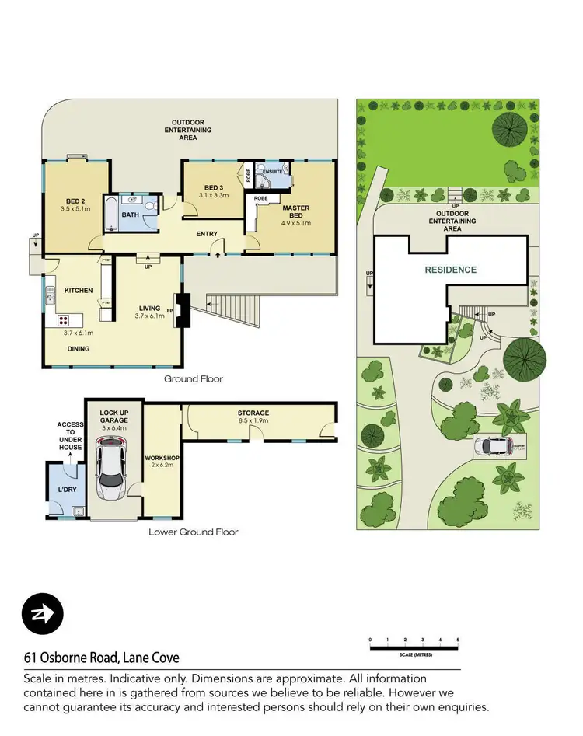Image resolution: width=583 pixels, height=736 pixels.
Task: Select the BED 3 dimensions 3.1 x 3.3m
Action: pyautogui.click(x=213, y=196)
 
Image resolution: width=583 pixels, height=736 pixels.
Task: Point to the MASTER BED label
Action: pyautogui.click(x=296, y=211)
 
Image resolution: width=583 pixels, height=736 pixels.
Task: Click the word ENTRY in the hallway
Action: pyautogui.click(x=207, y=234)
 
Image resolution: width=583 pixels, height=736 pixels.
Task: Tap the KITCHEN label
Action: pyautogui.click(x=79, y=291)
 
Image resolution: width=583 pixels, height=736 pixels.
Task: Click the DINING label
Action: pyautogui.click(x=78, y=349)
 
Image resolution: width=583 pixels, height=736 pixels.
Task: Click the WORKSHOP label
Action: pyautogui.click(x=162, y=459)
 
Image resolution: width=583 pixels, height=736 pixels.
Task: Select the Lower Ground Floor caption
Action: pyautogui.click(x=194, y=532)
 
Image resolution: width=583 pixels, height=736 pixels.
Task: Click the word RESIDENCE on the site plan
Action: pyautogui.click(x=450, y=270)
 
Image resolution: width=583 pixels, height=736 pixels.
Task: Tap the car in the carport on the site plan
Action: pyautogui.click(x=493, y=446)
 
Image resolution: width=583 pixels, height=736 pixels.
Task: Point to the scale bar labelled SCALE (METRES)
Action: pyautogui.click(x=414, y=645)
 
